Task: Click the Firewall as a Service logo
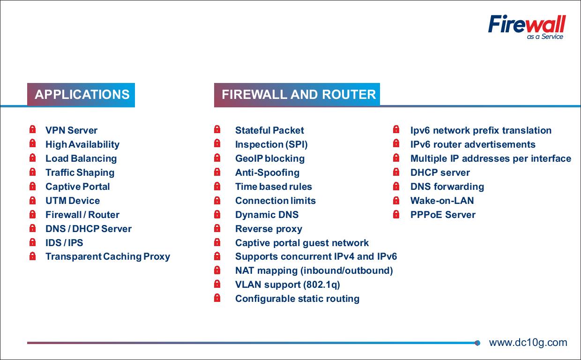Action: click(527, 27)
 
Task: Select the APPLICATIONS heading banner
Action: click(81, 95)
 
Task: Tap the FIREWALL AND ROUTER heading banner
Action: click(297, 95)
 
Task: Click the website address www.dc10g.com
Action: click(528, 343)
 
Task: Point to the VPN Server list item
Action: click(71, 130)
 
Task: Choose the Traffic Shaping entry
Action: click(80, 172)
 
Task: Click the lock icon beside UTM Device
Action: click(32, 200)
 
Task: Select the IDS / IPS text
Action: click(64, 243)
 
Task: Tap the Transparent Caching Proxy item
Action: click(108, 257)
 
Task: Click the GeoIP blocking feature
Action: click(270, 158)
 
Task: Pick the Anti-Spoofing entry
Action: click(267, 172)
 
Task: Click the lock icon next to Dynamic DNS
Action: click(217, 214)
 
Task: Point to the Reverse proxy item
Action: click(269, 229)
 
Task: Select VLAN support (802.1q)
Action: click(287, 285)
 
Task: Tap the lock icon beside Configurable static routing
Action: click(217, 298)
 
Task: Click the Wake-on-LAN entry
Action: click(442, 201)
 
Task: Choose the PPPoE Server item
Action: click(443, 215)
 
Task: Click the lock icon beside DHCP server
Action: click(396, 172)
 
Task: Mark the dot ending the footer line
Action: click(477, 343)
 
